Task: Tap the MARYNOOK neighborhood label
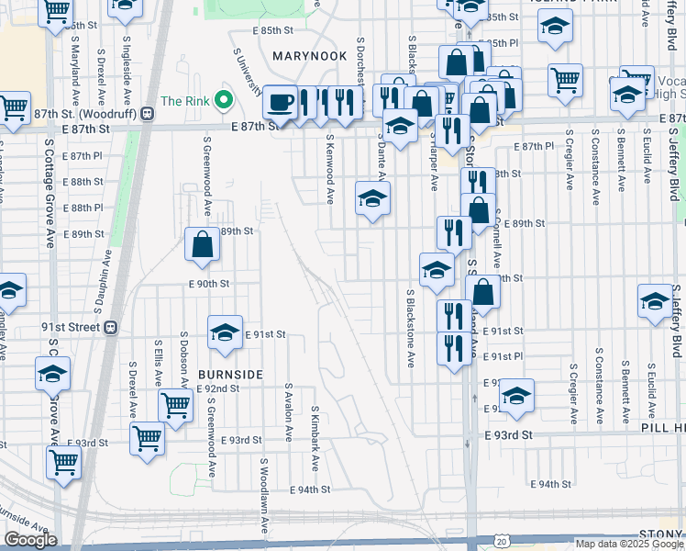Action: [307, 56]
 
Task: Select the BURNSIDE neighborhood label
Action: [229, 375]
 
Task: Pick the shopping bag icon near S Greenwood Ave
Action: [202, 244]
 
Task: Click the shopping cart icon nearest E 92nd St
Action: [174, 404]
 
